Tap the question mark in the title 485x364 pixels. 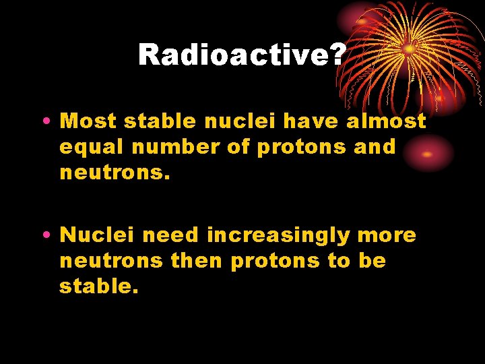pos(337,55)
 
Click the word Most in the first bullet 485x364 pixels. pos(86,121)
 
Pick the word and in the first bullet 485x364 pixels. pos(375,147)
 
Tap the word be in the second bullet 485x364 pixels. pos(372,261)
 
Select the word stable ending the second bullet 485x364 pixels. pos(98,286)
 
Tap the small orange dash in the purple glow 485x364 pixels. pos(426,154)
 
